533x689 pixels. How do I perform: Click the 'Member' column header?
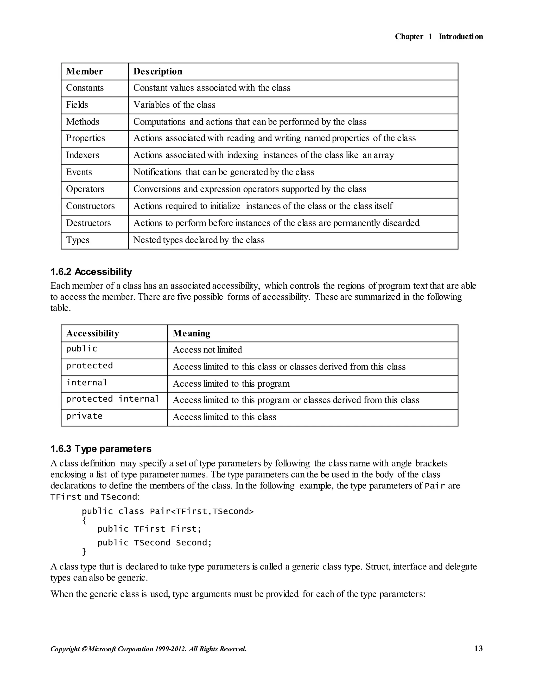84,71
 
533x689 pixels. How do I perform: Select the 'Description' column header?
157,71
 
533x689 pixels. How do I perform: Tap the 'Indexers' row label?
83,155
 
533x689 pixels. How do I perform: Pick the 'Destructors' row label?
88,223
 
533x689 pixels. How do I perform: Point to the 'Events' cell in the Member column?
79,172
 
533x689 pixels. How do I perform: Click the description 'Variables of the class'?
174,105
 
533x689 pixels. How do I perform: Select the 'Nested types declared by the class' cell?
199,240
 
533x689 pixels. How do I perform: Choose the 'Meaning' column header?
191,334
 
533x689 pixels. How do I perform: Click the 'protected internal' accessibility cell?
112,399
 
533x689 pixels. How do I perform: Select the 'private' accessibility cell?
84,416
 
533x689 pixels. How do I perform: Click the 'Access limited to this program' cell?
231,383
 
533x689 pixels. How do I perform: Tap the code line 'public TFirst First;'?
149,529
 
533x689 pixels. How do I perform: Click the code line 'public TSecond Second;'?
154,543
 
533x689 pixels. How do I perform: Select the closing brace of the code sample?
84,551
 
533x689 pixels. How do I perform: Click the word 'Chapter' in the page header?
409,37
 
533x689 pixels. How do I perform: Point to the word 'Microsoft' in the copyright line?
102,649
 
